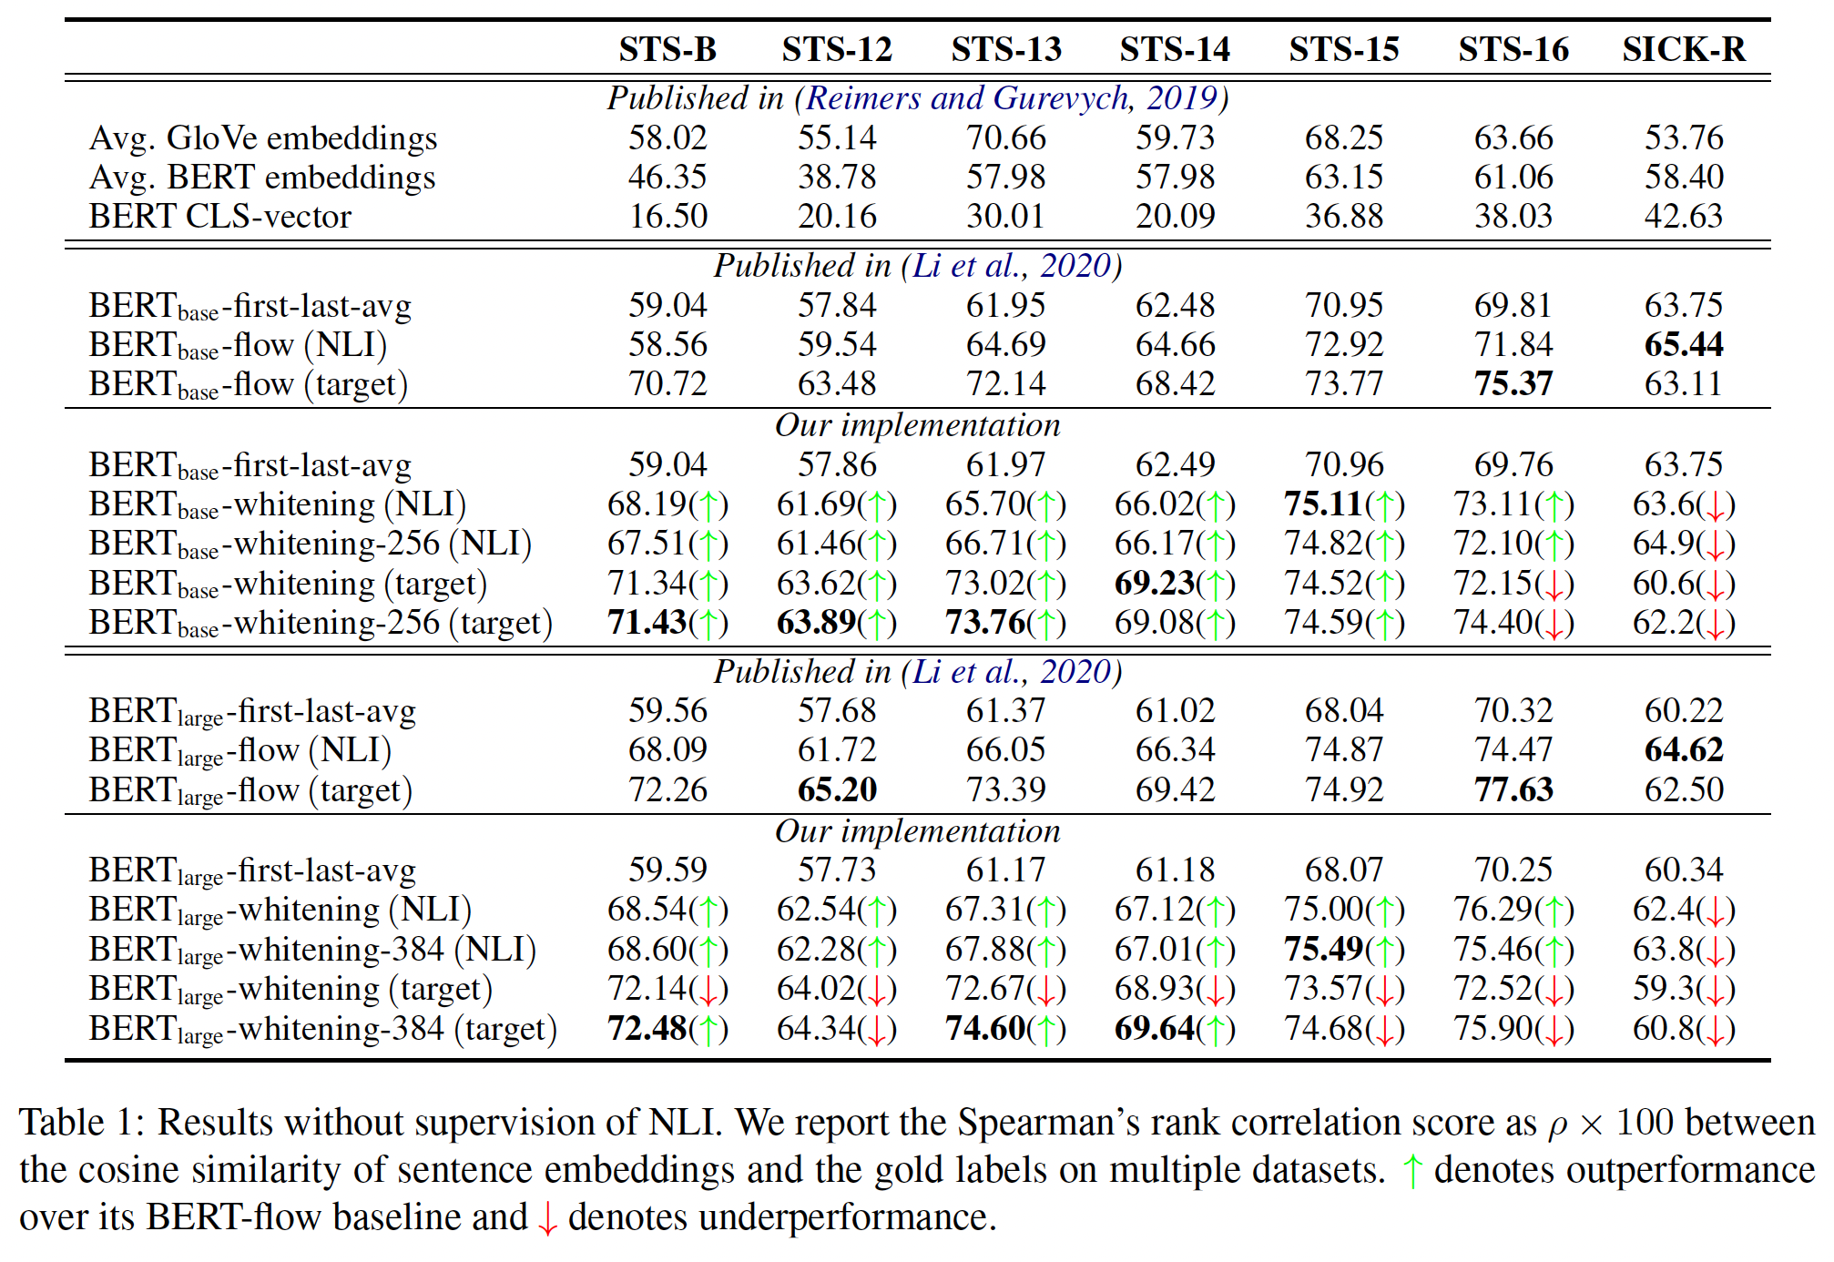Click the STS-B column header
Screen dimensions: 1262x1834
point(667,49)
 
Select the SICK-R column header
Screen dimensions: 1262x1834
point(1683,49)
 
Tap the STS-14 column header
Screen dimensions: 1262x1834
point(1175,49)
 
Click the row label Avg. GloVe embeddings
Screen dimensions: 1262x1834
point(263,138)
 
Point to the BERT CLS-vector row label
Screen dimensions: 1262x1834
point(219,217)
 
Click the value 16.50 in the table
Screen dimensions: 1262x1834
point(667,217)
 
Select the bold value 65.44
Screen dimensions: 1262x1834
point(1683,345)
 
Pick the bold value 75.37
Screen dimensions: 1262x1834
point(1513,384)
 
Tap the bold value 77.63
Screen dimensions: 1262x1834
point(1513,789)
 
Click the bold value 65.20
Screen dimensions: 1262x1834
point(837,789)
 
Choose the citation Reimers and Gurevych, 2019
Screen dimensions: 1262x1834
point(1011,98)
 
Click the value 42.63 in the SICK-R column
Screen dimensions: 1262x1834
point(1683,217)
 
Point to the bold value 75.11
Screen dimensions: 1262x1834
point(1323,504)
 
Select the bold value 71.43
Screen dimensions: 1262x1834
point(647,623)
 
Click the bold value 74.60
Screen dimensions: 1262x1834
point(985,1029)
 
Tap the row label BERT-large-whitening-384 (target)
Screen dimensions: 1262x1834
point(322,1029)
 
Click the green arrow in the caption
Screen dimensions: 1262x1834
point(1411,1171)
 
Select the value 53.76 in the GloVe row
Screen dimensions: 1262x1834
point(1683,138)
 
